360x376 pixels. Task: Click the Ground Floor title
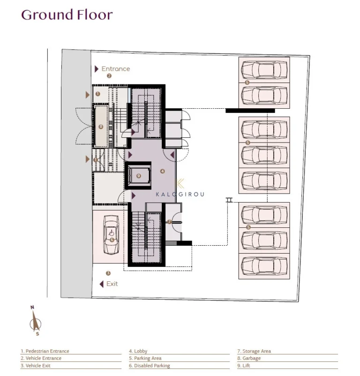point(67,15)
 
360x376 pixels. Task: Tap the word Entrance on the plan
point(115,68)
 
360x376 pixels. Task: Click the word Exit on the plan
point(112,284)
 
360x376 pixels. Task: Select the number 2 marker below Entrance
point(109,75)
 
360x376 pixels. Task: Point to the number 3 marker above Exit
point(108,273)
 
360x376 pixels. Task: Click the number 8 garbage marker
point(101,127)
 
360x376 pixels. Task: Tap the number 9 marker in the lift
point(138,176)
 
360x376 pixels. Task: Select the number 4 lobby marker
point(163,171)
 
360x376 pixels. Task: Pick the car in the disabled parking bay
point(111,234)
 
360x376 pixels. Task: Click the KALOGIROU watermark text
point(180,194)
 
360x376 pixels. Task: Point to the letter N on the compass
point(32,308)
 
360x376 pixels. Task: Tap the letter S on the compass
point(37,334)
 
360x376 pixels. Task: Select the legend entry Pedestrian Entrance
point(45,351)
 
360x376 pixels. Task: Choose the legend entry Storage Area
point(254,351)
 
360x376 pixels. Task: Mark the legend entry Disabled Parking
point(150,366)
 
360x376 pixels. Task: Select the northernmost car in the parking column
point(264,70)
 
